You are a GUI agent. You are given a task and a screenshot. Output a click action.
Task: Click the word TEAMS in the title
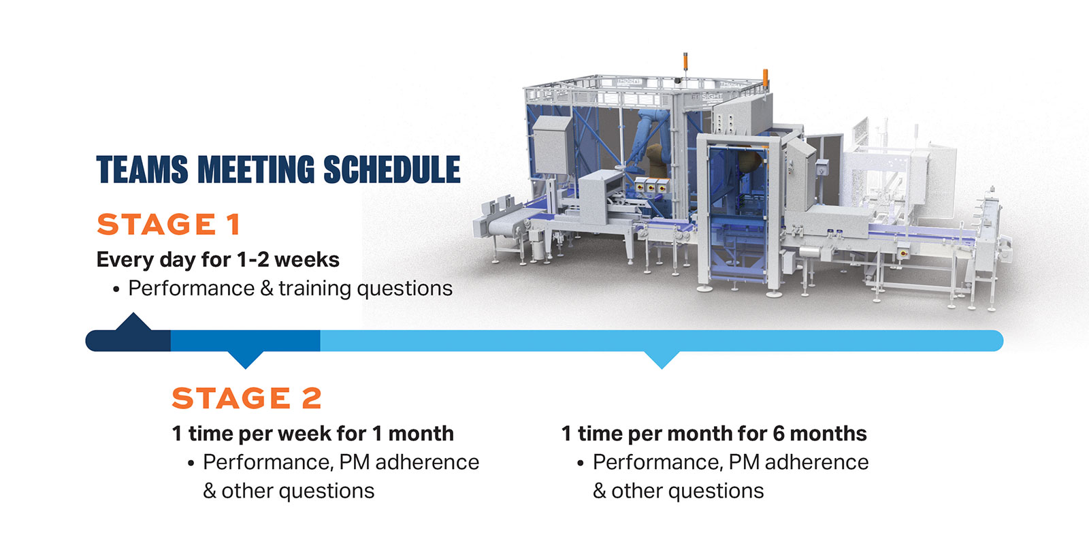click(x=142, y=169)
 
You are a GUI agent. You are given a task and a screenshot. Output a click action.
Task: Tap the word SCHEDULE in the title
click(x=392, y=169)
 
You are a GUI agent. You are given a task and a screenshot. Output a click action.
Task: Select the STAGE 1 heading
click(x=169, y=224)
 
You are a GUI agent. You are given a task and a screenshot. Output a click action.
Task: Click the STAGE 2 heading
click(x=246, y=398)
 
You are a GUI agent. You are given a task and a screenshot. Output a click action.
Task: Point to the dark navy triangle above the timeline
click(x=133, y=322)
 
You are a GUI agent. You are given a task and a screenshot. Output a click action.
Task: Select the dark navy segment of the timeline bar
click(x=129, y=340)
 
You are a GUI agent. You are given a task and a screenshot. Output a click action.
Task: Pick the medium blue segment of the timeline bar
click(x=246, y=340)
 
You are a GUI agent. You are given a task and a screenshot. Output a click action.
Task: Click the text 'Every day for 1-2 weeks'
click(x=218, y=259)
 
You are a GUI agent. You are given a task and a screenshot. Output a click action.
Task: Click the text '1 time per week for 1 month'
click(x=312, y=434)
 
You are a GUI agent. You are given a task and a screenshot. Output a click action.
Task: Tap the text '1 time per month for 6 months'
click(x=714, y=434)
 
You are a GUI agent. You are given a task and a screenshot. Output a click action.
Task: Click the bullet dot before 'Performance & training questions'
click(x=116, y=290)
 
